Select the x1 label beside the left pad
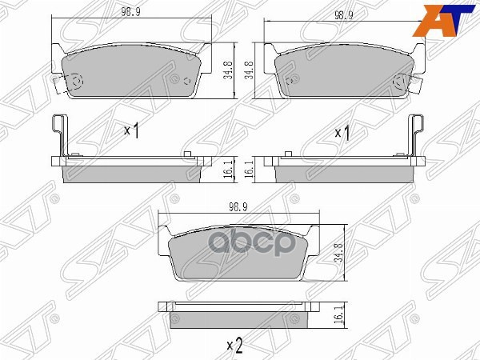tap(132, 130)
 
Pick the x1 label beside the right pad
tap(342, 132)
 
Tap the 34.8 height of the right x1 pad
tap(250, 71)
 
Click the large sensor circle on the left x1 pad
tap(76, 82)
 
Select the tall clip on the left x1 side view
tap(58, 134)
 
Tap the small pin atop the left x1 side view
tap(185, 154)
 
